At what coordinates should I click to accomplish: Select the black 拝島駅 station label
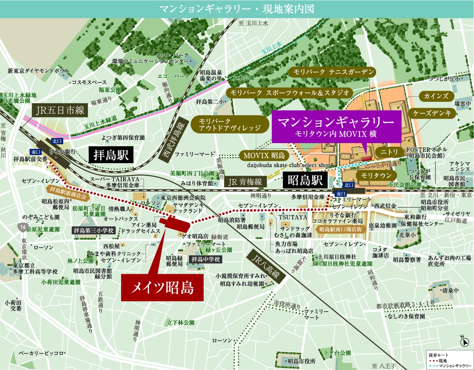click(x=111, y=154)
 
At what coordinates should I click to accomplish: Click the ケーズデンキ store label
click(x=433, y=113)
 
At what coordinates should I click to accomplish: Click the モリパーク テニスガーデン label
click(x=332, y=72)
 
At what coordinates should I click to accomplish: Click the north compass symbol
click(x=465, y=342)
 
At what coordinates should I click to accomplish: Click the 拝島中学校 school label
click(x=205, y=259)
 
